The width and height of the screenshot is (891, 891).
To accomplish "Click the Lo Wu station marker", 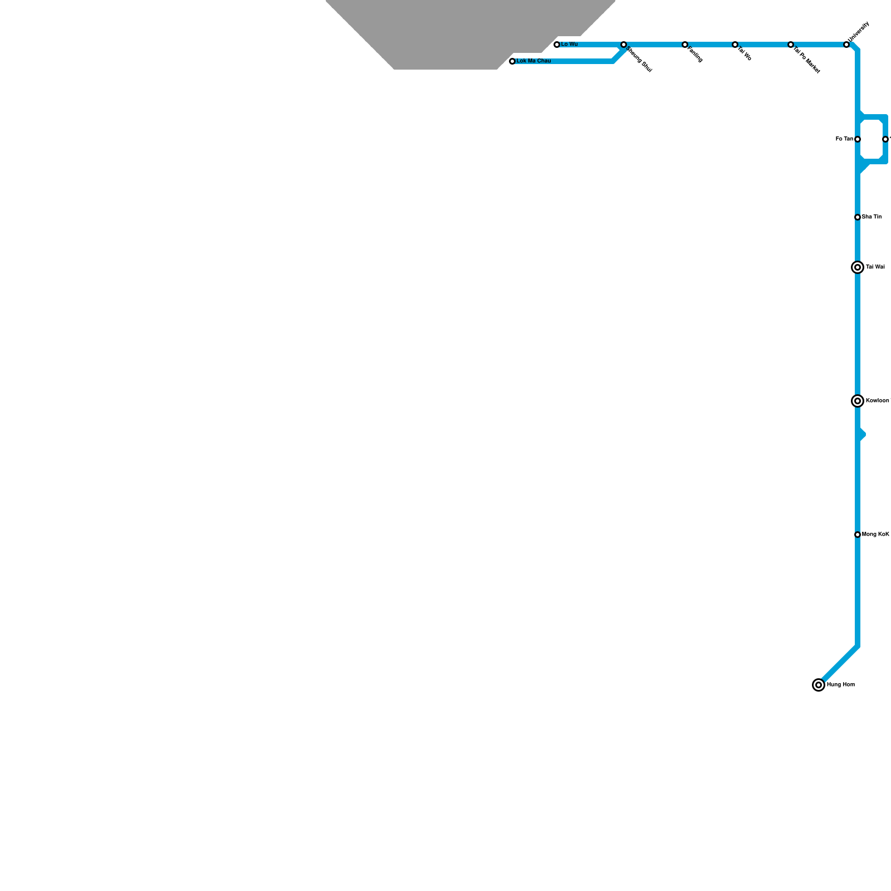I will point(557,45).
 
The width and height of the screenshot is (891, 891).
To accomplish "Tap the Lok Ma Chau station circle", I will point(512,61).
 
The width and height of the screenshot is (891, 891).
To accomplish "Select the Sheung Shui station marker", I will point(624,45).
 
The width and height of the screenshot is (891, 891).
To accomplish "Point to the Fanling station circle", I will point(685,45).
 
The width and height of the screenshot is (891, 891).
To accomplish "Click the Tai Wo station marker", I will point(735,45).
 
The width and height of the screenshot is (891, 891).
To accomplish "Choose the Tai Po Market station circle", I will point(791,45).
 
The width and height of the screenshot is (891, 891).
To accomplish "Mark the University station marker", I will point(846,45).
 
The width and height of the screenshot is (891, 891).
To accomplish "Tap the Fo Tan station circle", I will point(858,139).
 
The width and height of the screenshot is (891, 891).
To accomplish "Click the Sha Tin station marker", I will point(858,217).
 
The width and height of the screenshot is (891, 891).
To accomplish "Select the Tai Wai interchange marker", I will point(858,267).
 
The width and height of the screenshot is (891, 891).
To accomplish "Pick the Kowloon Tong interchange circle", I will point(858,401).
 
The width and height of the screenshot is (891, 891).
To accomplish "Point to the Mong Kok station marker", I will point(858,535).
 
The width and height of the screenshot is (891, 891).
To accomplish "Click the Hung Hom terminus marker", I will point(819,685).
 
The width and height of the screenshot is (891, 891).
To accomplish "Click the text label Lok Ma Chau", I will point(533,61).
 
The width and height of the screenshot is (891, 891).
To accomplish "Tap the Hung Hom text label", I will point(840,685).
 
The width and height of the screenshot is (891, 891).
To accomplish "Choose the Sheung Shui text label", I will point(639,60).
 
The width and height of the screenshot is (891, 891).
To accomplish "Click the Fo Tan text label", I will point(844,139).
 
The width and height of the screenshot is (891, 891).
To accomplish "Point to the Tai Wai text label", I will point(875,267).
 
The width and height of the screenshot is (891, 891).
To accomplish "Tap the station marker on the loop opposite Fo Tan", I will point(885,139).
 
